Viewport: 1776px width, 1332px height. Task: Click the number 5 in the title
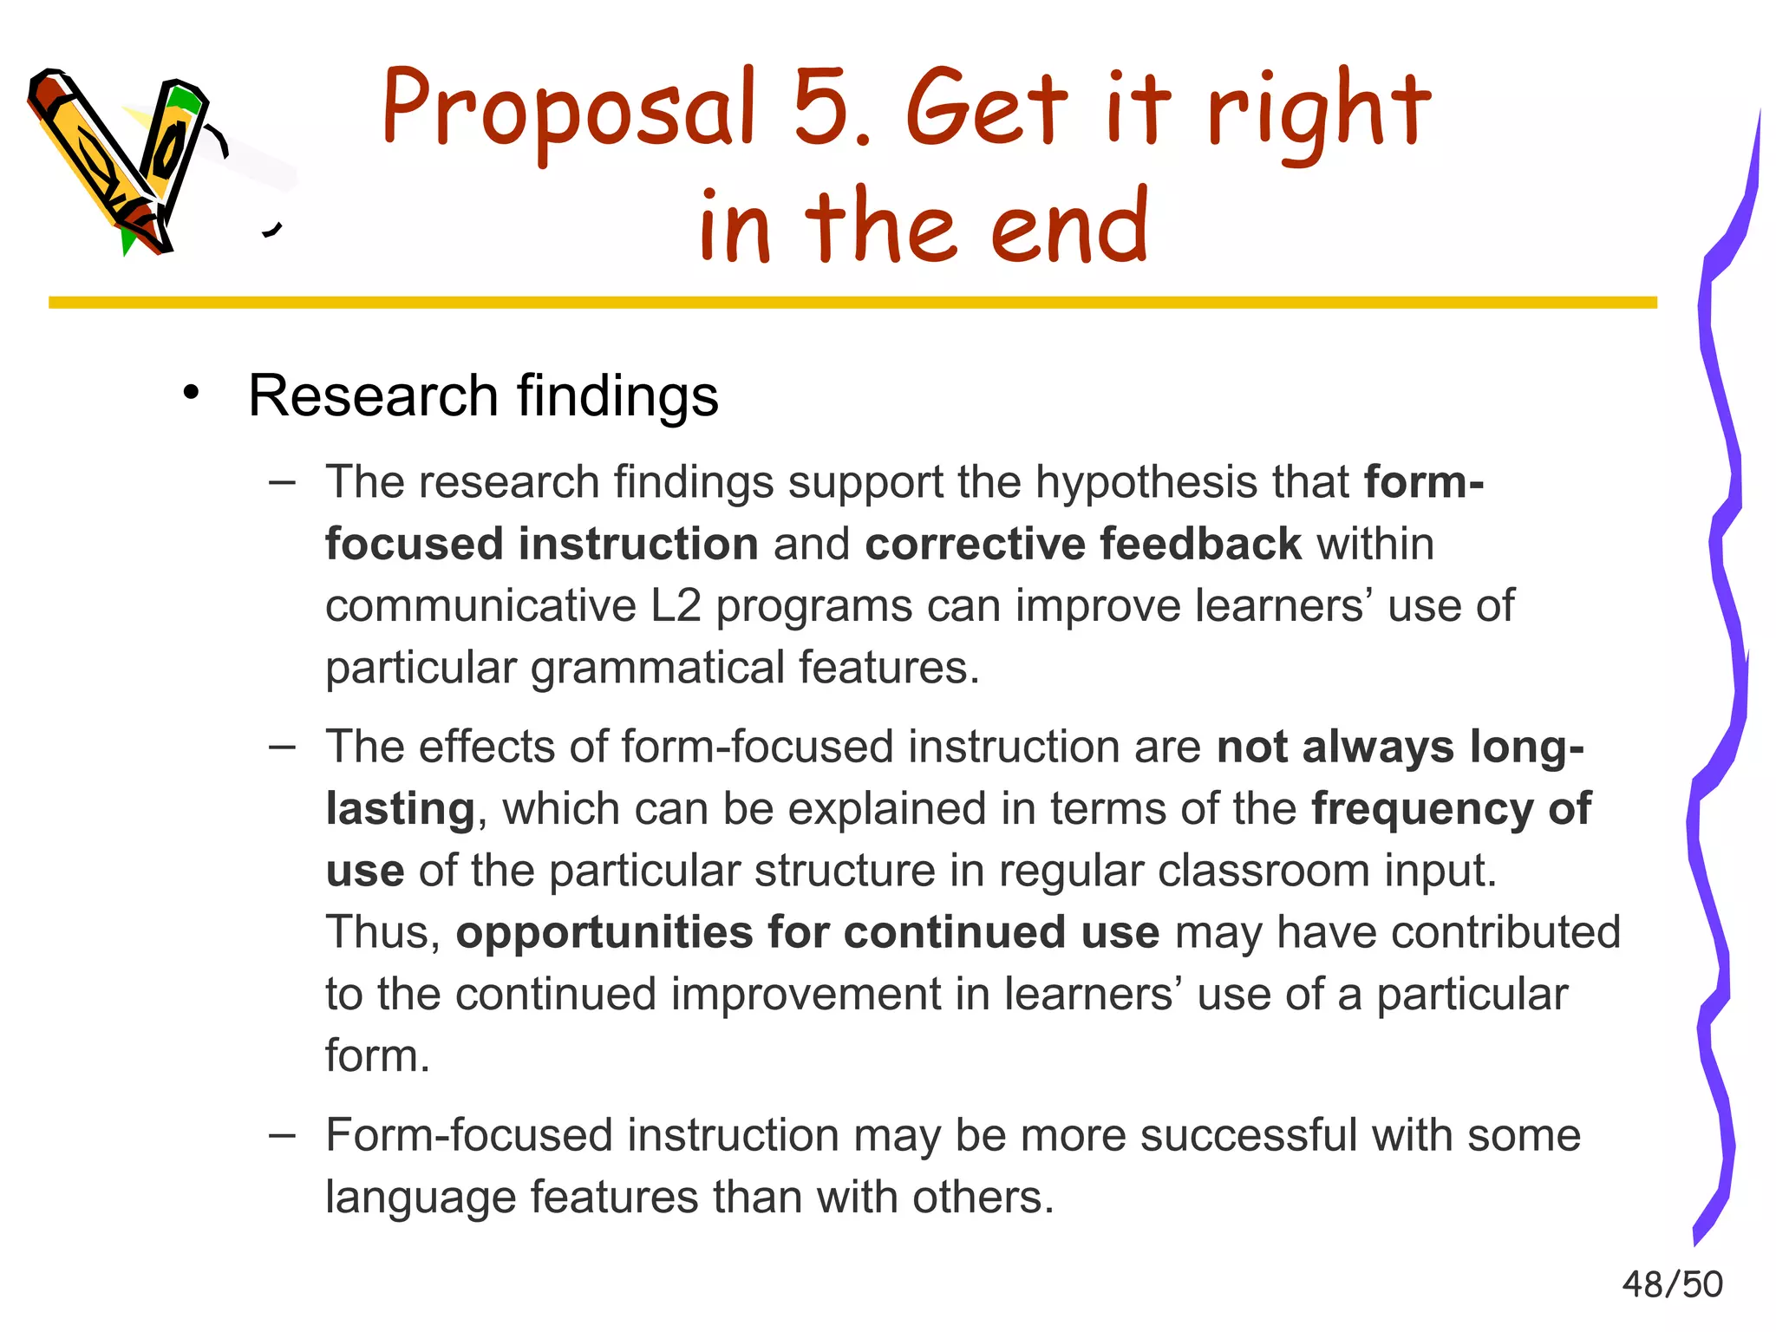coord(823,108)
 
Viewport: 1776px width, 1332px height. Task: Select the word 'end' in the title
coord(1069,225)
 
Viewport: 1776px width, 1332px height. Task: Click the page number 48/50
coord(1672,1284)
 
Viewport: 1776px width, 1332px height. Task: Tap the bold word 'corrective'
coord(975,545)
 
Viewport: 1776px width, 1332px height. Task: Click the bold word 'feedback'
coord(1201,545)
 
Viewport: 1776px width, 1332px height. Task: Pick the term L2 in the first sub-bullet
coord(676,606)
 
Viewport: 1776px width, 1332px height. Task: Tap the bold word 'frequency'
coord(1422,810)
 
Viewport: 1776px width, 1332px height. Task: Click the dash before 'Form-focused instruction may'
coord(282,1134)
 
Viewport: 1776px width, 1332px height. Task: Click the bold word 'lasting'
coord(400,810)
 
